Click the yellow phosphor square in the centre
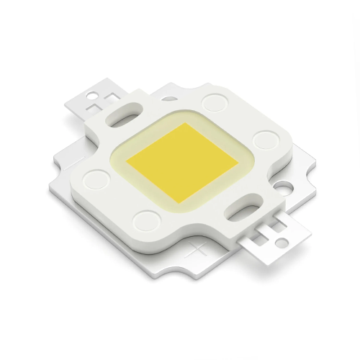[177, 163]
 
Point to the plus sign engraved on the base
[195, 252]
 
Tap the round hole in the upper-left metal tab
[94, 96]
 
